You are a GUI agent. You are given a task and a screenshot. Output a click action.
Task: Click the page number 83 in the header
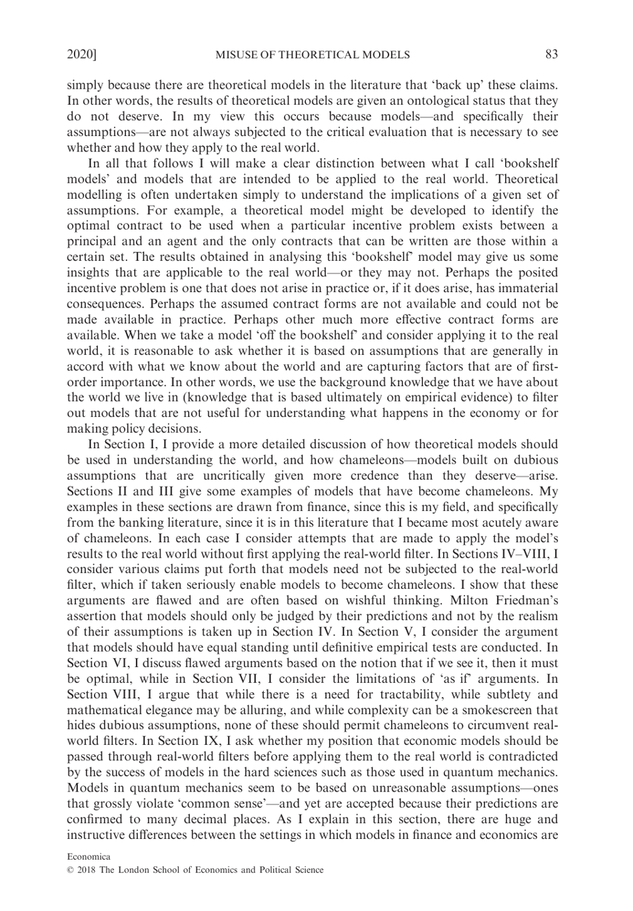point(551,55)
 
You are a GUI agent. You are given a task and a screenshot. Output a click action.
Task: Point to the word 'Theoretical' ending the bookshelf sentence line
point(527,179)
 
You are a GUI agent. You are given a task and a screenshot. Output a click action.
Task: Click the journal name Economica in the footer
point(89,856)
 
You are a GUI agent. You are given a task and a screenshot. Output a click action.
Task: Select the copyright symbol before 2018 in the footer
point(71,870)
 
